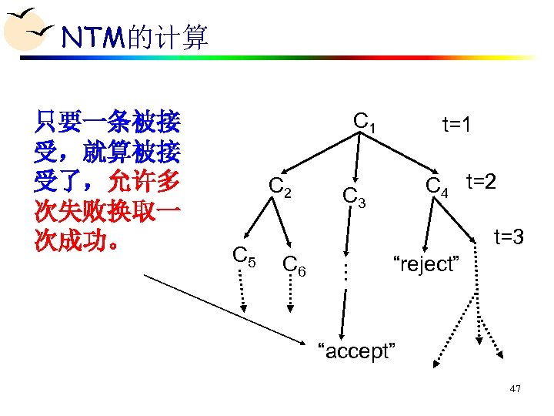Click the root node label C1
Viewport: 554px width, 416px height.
point(364,122)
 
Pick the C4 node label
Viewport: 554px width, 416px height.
point(437,186)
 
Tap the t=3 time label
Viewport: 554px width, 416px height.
point(509,237)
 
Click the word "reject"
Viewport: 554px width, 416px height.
point(426,264)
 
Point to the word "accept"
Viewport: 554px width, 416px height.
point(357,352)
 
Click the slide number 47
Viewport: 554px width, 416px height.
point(515,389)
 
